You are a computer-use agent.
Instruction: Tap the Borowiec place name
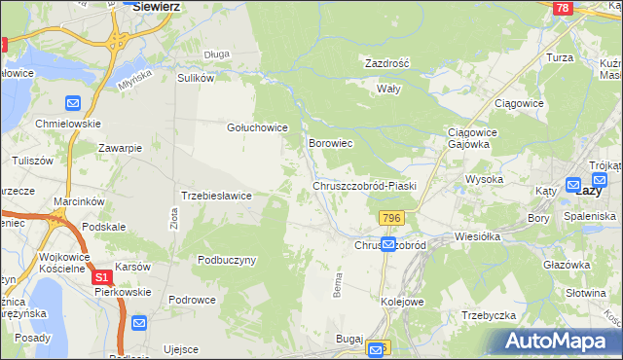[330, 143]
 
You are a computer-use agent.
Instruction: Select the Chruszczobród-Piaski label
[365, 185]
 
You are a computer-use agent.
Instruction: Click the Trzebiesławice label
[217, 196]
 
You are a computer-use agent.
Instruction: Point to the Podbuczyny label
[226, 260]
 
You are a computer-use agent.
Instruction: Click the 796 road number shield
[392, 216]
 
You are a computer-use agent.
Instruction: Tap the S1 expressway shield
[103, 277]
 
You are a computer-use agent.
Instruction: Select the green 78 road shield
[562, 8]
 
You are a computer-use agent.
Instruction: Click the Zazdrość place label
[386, 62]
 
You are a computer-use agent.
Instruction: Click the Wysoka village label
[484, 179]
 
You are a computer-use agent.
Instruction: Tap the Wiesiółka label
[477, 236]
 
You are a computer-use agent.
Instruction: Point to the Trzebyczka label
[489, 314]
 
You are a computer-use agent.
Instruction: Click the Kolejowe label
[402, 302]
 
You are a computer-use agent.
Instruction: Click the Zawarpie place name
[121, 148]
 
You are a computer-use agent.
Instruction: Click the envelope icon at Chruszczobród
[388, 245]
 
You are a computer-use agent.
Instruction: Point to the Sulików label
[195, 78]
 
